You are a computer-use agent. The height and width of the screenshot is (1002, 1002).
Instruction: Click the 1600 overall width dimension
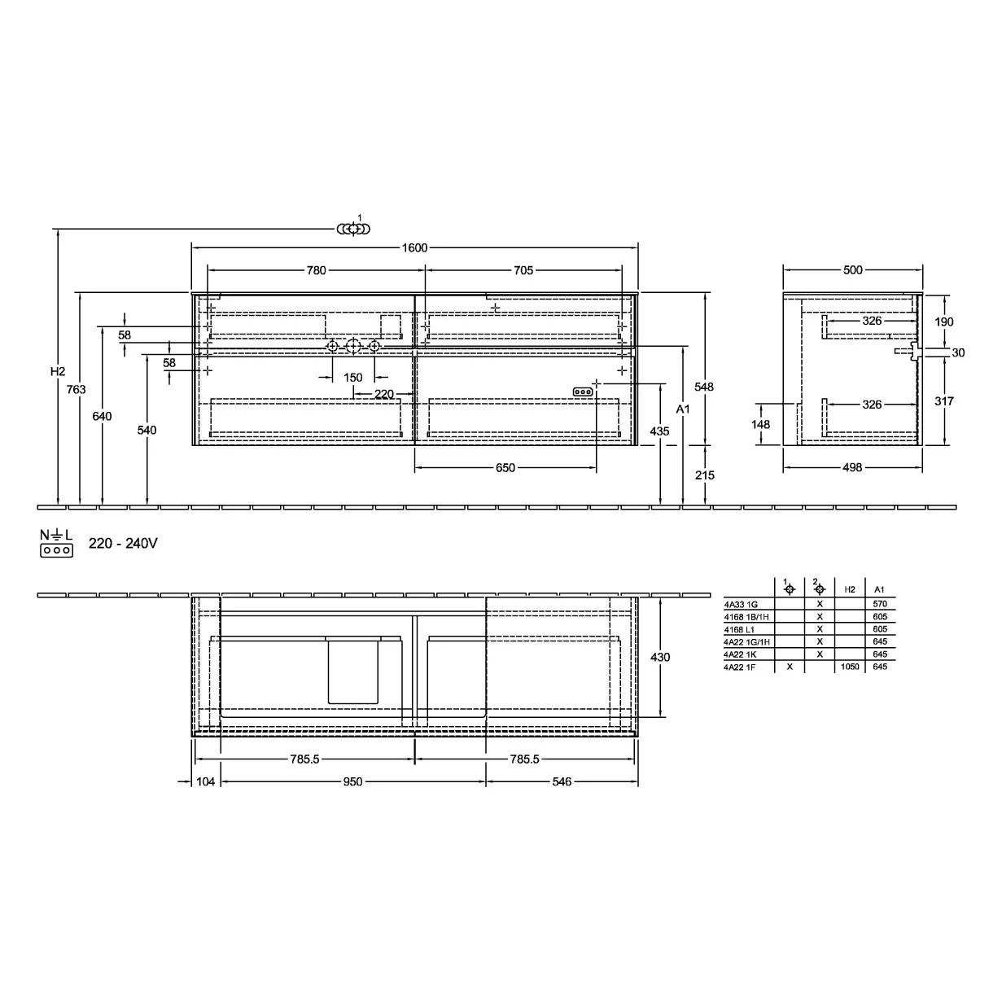414,248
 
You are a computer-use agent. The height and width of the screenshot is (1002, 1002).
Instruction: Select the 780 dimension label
316,270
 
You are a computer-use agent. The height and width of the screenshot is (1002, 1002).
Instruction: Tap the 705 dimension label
523,270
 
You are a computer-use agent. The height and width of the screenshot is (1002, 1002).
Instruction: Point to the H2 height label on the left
58,371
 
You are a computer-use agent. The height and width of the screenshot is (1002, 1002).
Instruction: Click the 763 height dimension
76,389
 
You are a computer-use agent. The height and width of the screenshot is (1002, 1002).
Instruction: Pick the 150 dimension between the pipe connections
353,378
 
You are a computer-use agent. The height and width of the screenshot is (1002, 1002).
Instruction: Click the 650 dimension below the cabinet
505,468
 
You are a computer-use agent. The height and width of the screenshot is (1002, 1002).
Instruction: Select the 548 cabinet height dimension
704,387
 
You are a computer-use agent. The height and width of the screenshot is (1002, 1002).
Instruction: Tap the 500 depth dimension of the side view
853,270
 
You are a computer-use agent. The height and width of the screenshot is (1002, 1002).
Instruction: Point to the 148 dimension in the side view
760,424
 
